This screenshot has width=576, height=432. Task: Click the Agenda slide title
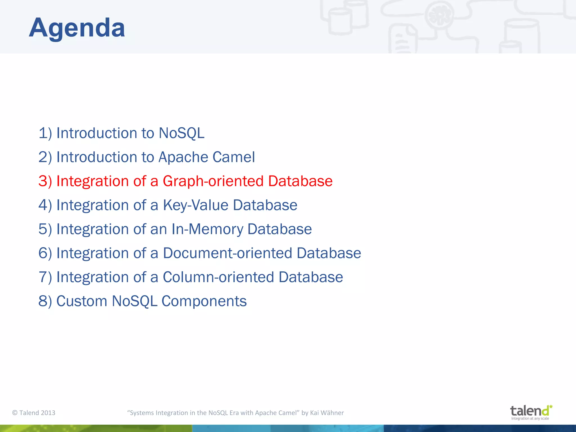[x=77, y=28]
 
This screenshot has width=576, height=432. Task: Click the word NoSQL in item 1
[x=181, y=133]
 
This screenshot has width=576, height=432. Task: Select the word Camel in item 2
[x=233, y=157]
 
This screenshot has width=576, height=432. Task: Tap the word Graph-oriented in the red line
[x=213, y=181]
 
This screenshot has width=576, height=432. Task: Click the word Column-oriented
[x=218, y=277]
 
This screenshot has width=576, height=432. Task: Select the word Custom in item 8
[x=82, y=301]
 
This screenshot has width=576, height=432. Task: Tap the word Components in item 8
[x=204, y=301]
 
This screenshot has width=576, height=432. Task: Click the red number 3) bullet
[x=45, y=181]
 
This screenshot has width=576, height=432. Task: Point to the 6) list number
[x=45, y=253]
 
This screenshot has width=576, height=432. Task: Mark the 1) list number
[x=45, y=133]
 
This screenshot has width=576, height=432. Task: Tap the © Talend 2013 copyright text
[x=34, y=413]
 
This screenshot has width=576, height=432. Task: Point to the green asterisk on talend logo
[x=551, y=407]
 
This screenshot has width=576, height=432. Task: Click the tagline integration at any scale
[x=530, y=418]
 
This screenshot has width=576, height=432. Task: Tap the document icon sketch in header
[x=402, y=39]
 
